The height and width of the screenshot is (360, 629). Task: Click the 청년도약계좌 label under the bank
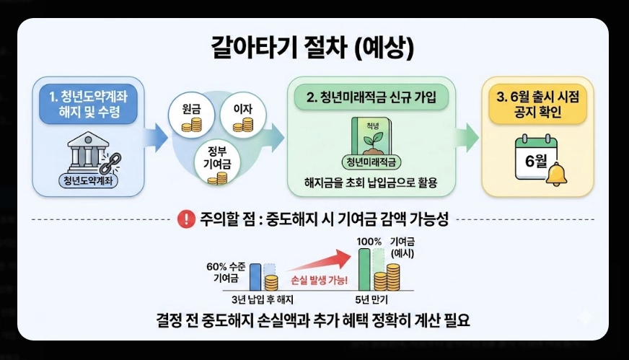click(88, 181)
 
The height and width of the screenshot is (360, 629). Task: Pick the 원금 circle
click(190, 115)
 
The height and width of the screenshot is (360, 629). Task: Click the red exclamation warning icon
click(186, 219)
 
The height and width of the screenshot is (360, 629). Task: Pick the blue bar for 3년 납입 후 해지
click(255, 276)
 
